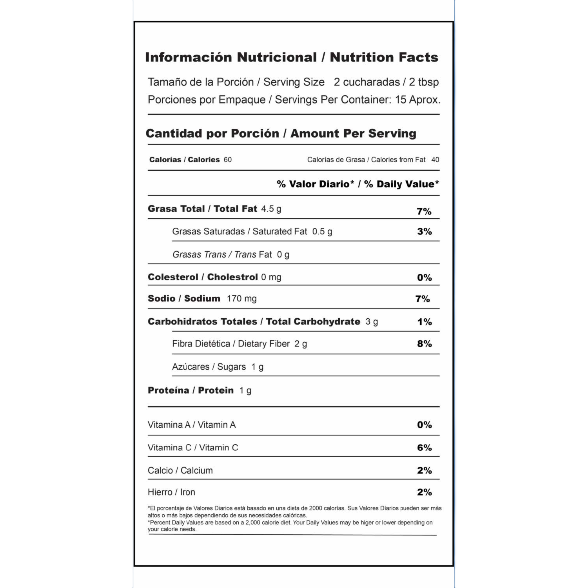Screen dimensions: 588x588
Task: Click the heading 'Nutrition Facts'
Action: (384, 57)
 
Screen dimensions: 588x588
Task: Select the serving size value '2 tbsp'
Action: (424, 82)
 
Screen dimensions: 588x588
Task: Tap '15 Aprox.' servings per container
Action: (417, 100)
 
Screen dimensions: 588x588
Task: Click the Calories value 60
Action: (227, 160)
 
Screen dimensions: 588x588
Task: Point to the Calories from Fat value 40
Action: (435, 160)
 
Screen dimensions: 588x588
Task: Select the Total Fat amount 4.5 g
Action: (271, 209)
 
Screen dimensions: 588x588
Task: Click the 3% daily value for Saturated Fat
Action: (424, 231)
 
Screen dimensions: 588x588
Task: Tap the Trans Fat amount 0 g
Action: (283, 255)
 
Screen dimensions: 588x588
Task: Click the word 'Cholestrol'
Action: (232, 277)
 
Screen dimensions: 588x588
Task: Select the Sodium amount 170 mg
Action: (241, 299)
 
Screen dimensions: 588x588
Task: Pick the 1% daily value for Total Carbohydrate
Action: (424, 322)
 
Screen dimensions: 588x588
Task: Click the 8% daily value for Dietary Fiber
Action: (424, 344)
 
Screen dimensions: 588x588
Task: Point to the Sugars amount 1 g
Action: (257, 367)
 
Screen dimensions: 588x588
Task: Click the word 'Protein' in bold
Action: (216, 390)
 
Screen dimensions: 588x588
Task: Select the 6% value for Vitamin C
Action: (424, 448)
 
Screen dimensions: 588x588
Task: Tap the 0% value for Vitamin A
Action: (424, 425)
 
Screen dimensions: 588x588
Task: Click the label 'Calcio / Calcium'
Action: (180, 470)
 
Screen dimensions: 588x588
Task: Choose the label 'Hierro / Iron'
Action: (171, 492)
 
